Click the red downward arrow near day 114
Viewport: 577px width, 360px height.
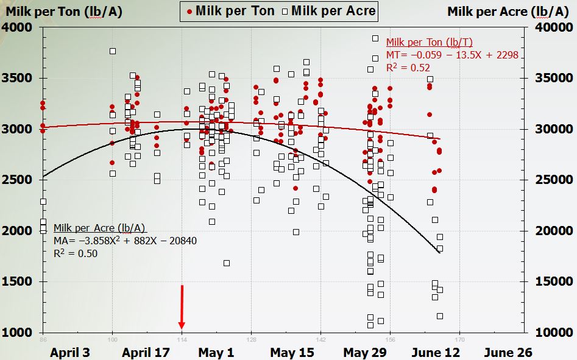[x=182, y=308]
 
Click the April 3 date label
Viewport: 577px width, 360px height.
[x=70, y=352]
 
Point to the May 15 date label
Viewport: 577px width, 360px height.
[x=291, y=352]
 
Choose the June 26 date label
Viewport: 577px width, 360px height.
[x=507, y=352]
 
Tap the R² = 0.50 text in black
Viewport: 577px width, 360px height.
[x=75, y=253]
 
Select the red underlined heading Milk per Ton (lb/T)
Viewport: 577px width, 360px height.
[x=429, y=42]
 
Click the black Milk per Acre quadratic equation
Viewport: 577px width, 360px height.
[x=125, y=241]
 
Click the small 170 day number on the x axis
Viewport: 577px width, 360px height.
[x=460, y=339]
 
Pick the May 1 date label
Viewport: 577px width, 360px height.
[x=216, y=352]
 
